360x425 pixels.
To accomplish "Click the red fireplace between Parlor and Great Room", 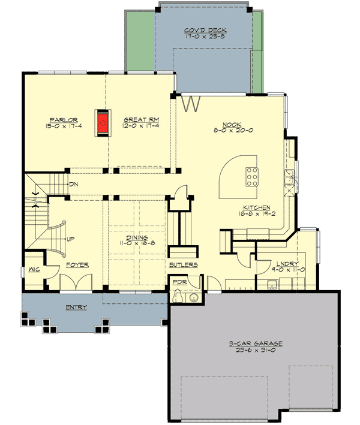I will pos(104,122).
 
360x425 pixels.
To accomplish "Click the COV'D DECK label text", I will pos(200,30).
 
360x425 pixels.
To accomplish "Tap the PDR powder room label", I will pos(179,281).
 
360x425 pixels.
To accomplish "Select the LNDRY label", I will pos(280,263).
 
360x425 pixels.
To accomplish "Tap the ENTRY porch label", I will pos(76,308).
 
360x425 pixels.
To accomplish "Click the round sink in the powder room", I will pos(194,299).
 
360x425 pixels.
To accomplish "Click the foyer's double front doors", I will pos(77,283).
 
